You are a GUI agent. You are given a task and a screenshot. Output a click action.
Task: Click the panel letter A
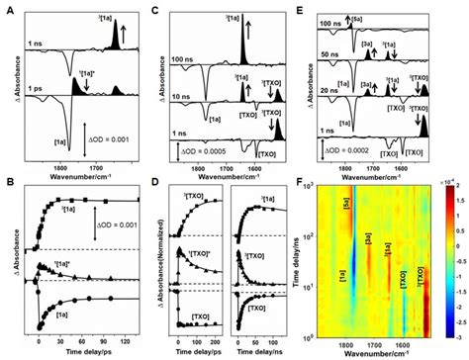7,7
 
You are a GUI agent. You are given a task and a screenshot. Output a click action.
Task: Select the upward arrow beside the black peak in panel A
130,21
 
